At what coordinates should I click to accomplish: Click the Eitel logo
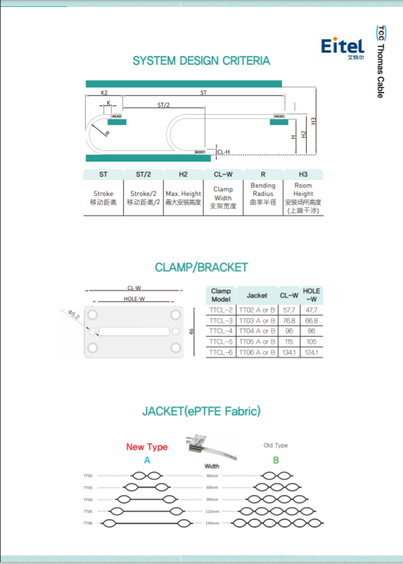coord(342,47)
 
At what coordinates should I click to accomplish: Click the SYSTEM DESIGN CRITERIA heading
coord(201,61)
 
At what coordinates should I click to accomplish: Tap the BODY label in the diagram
coord(200,152)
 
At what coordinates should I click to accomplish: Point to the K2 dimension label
coord(104,93)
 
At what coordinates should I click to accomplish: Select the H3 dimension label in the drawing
coord(314,120)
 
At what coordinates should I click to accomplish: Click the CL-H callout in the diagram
coord(223,152)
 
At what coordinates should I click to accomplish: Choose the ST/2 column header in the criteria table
coord(143,174)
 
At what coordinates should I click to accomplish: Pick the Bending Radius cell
coord(263,194)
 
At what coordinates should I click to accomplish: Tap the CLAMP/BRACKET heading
coord(201,267)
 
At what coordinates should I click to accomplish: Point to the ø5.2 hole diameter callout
coord(72,314)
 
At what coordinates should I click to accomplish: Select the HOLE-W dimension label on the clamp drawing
coord(134,299)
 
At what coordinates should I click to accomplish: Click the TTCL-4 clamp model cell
coord(221,331)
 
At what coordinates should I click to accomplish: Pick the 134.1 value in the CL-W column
coord(289,352)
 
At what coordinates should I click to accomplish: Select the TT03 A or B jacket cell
coord(256,321)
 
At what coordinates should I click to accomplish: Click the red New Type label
coord(147,447)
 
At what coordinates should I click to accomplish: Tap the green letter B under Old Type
coord(275,460)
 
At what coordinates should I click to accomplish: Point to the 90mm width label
coord(212,499)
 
